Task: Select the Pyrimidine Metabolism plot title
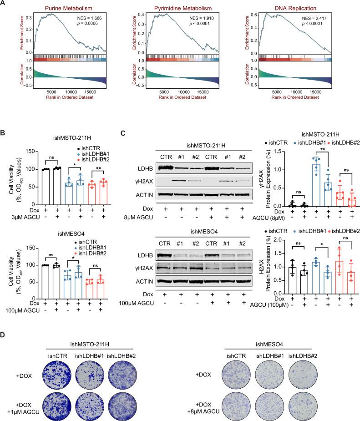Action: (x=181, y=8)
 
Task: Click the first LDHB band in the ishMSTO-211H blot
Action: (x=167, y=168)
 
